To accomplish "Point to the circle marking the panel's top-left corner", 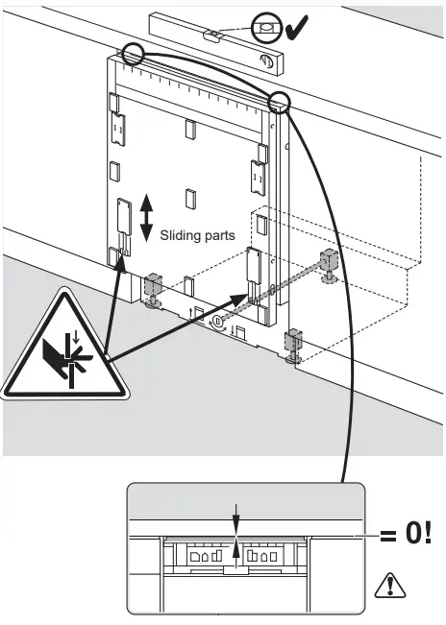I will pos(133,56).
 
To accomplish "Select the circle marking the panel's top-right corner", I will pos(281,102).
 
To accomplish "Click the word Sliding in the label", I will pos(181,233).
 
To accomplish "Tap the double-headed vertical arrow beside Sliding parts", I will pos(146,218).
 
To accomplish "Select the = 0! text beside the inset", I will pos(405,534).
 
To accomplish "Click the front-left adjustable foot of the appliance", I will pos(154,290).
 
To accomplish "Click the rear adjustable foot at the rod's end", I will pos(328,264).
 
